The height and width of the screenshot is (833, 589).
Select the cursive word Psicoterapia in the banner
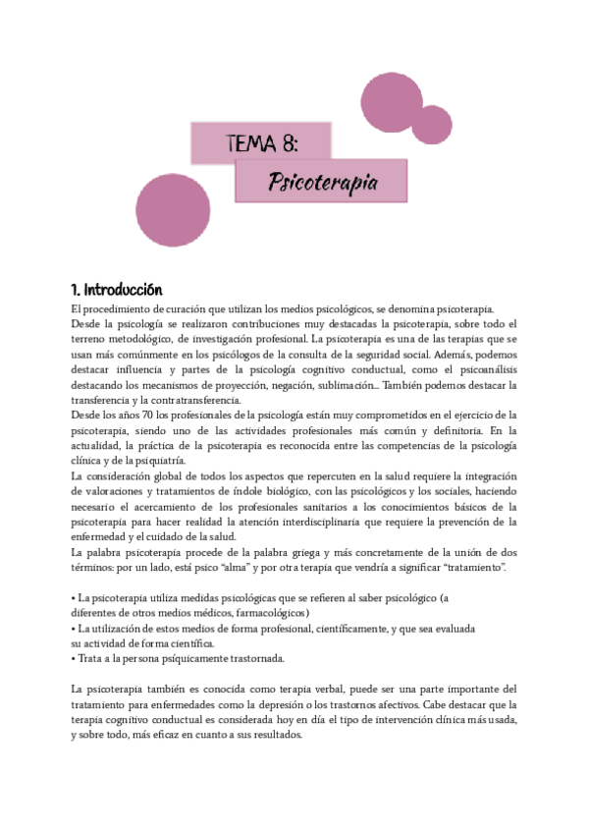click(323, 183)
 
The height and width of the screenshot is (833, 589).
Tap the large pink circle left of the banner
click(172, 211)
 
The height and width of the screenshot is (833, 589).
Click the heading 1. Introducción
click(116, 291)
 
